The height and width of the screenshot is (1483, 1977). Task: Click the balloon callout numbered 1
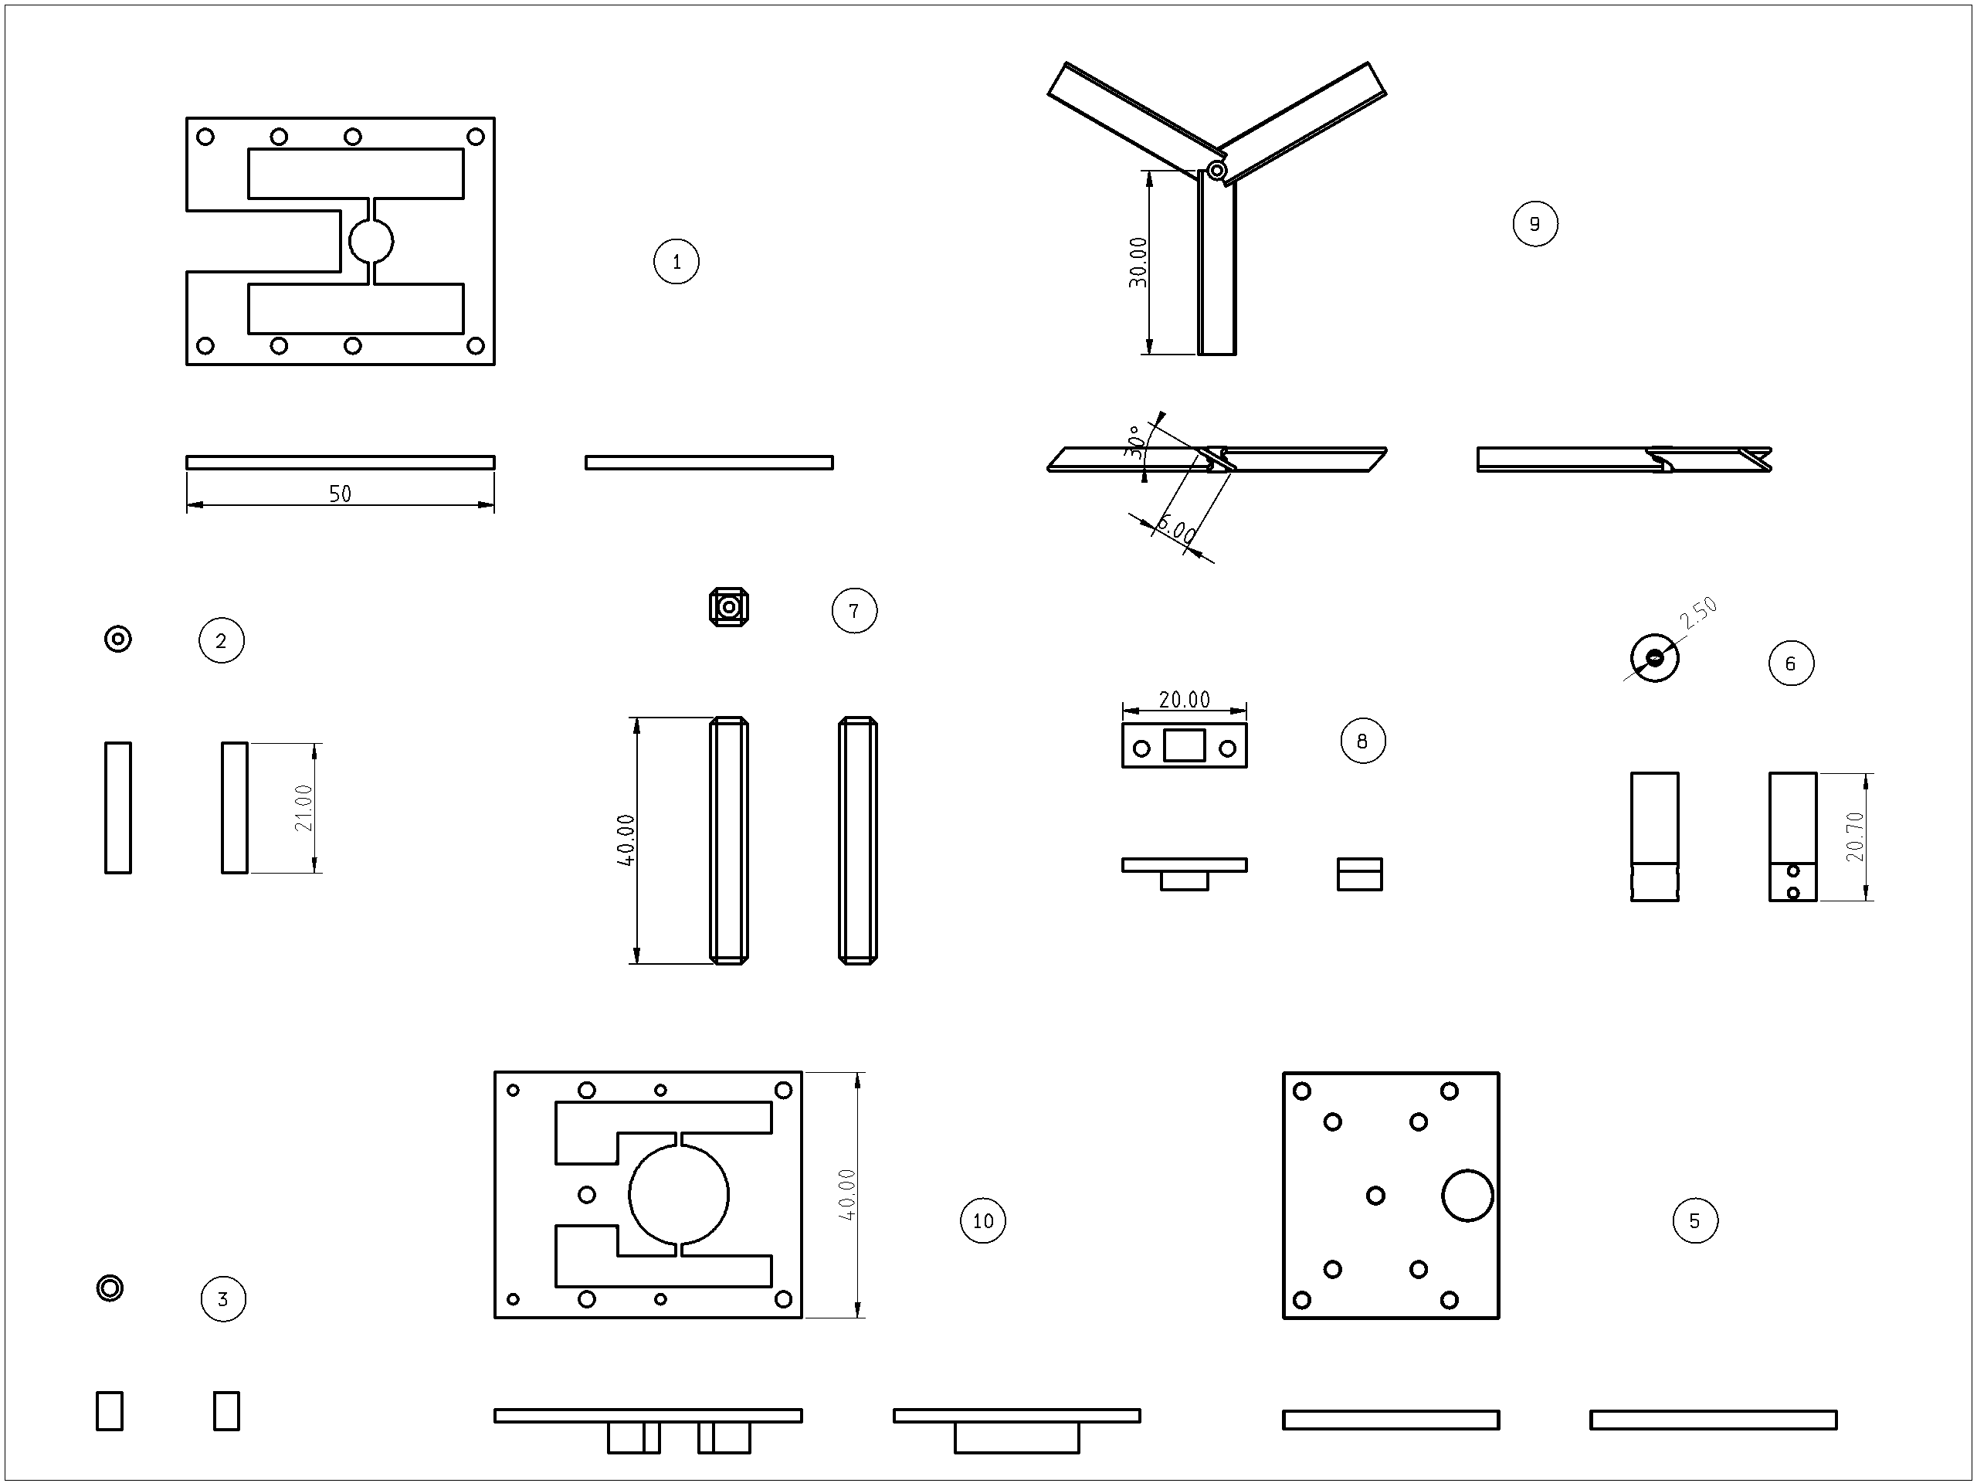click(676, 261)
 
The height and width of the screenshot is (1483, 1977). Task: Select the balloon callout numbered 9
click(1534, 223)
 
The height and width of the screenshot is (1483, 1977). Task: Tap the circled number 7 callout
click(853, 610)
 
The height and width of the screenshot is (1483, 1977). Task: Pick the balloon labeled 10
click(982, 1220)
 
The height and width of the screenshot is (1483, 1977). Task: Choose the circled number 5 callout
click(1694, 1220)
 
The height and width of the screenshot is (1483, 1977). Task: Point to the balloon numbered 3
click(222, 1299)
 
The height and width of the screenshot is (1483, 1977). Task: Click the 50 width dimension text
click(340, 494)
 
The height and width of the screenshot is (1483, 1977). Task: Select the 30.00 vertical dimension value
click(1138, 262)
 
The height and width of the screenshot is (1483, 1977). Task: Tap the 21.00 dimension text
click(304, 807)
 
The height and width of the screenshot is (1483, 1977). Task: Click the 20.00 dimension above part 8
click(1184, 699)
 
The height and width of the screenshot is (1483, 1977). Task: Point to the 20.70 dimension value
click(1856, 837)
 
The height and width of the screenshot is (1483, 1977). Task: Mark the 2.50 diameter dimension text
click(1698, 613)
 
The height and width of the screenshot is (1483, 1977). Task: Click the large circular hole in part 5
click(1467, 1195)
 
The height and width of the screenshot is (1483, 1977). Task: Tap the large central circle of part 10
click(678, 1194)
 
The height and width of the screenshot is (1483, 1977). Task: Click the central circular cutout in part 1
click(370, 240)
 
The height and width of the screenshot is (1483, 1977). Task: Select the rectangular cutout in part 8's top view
click(1184, 745)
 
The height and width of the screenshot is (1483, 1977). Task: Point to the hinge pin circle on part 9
click(1216, 170)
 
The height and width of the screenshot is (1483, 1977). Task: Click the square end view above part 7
click(728, 608)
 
